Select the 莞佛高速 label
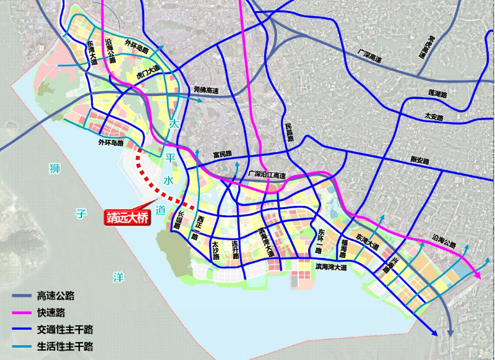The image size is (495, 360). coord(205,90)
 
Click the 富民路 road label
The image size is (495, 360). coord(222,153)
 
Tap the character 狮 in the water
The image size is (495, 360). coord(54,168)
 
